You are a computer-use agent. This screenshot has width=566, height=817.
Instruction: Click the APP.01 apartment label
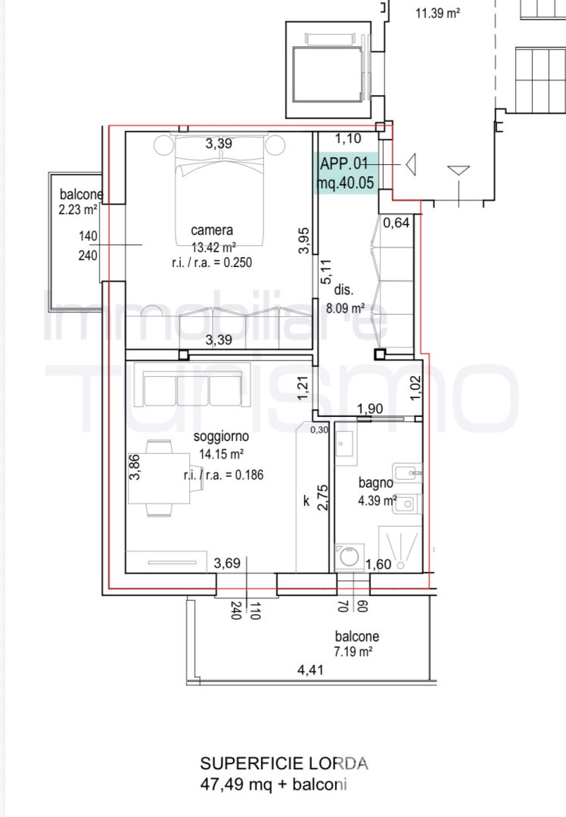click(344, 163)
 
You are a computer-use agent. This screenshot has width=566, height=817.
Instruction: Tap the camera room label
click(212, 230)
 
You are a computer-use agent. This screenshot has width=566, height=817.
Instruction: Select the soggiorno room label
click(221, 436)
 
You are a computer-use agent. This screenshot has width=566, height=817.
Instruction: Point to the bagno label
click(375, 483)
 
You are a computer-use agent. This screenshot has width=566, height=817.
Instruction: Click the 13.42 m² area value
click(213, 247)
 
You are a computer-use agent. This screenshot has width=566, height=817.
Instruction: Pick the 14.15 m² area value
click(221, 455)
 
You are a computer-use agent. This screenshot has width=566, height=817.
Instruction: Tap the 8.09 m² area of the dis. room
click(345, 309)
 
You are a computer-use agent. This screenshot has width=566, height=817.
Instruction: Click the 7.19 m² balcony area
click(353, 651)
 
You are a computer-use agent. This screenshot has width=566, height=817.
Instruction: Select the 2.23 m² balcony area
click(78, 210)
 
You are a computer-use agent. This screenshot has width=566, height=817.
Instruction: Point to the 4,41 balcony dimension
click(310, 670)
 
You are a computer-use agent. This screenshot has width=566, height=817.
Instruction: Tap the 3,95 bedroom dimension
click(304, 241)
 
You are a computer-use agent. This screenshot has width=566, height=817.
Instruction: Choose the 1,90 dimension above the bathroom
click(370, 409)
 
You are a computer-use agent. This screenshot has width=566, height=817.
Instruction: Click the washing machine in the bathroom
click(349, 557)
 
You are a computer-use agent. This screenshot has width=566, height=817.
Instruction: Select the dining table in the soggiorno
click(159, 478)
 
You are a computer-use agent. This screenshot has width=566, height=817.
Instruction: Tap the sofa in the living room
click(192, 385)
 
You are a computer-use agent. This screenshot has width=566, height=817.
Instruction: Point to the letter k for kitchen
click(306, 502)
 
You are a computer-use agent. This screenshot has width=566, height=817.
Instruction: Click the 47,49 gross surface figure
click(222, 784)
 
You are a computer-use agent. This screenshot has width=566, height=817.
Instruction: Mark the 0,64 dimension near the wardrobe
click(396, 223)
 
